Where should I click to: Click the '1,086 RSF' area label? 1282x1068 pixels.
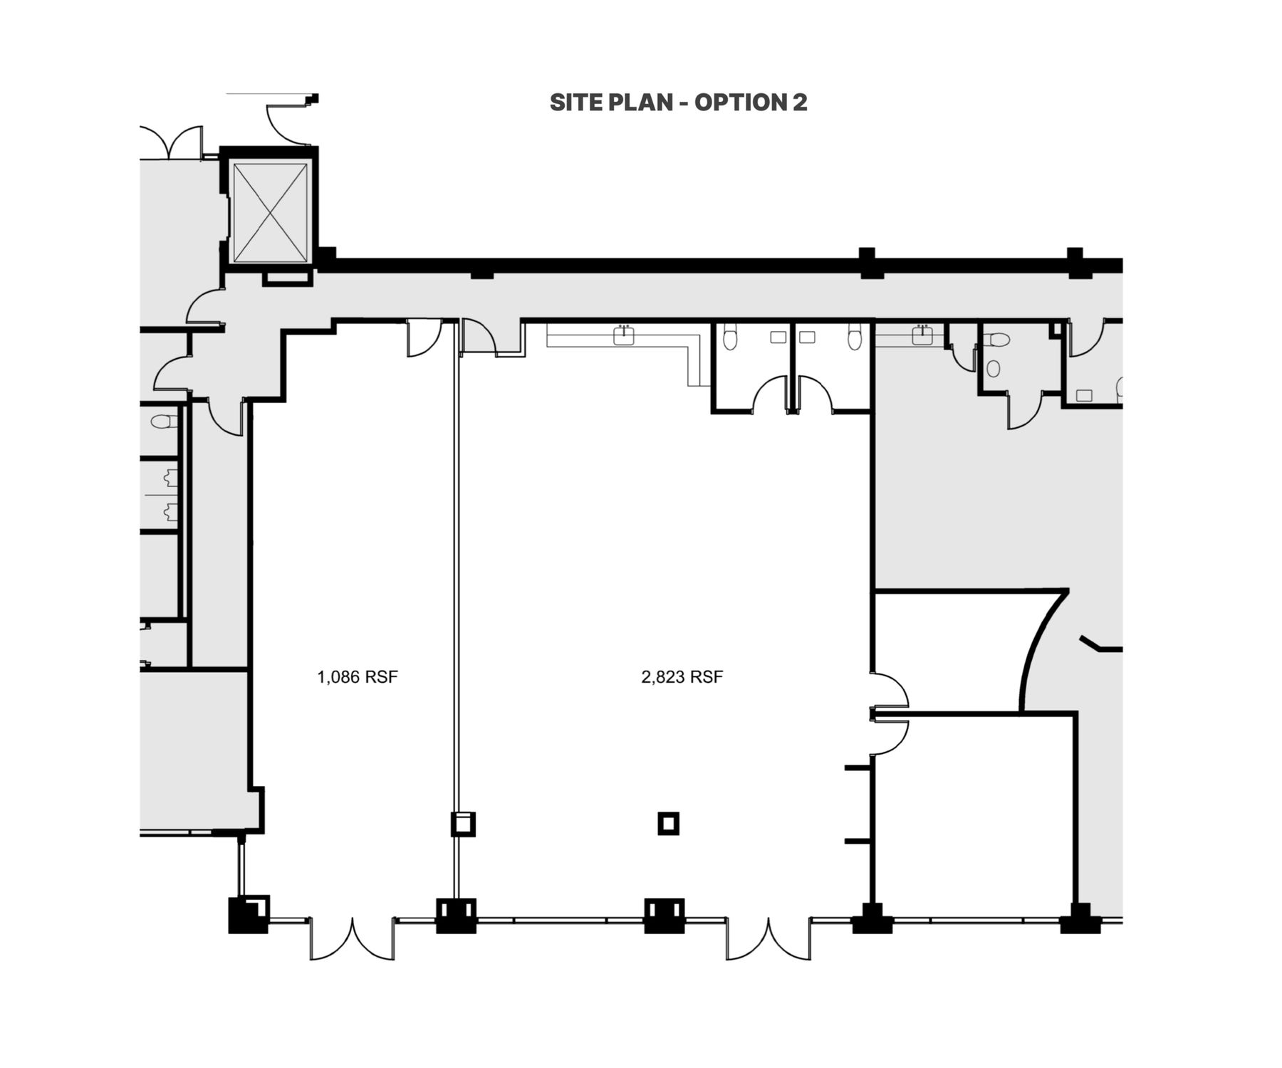(x=358, y=676)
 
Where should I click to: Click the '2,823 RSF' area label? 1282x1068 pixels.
(x=682, y=676)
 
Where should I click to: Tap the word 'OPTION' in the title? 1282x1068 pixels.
(x=740, y=103)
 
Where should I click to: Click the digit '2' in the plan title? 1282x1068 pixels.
(x=800, y=103)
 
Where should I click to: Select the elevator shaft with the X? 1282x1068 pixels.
(x=270, y=212)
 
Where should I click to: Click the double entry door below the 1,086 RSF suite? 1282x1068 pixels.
(x=353, y=938)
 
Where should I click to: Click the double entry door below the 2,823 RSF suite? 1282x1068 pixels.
(x=769, y=938)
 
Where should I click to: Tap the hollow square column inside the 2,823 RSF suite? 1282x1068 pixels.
(x=668, y=824)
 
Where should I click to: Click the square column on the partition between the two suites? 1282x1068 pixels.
(x=463, y=824)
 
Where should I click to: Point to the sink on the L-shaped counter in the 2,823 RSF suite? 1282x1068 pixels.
(x=625, y=335)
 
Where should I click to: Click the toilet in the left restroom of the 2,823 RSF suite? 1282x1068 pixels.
(x=729, y=337)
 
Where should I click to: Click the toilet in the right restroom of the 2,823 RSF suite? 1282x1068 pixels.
(x=854, y=337)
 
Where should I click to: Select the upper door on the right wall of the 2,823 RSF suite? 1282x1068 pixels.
(x=890, y=691)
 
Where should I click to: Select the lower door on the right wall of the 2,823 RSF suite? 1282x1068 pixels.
(x=890, y=733)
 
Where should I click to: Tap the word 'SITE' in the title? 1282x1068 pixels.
(x=575, y=103)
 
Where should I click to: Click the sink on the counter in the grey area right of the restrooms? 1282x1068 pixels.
(x=922, y=335)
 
